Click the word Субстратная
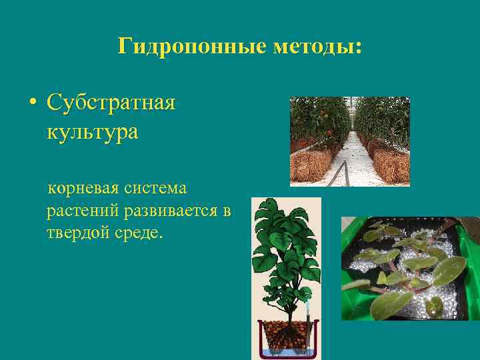(x=111, y=103)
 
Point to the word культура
(x=93, y=131)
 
